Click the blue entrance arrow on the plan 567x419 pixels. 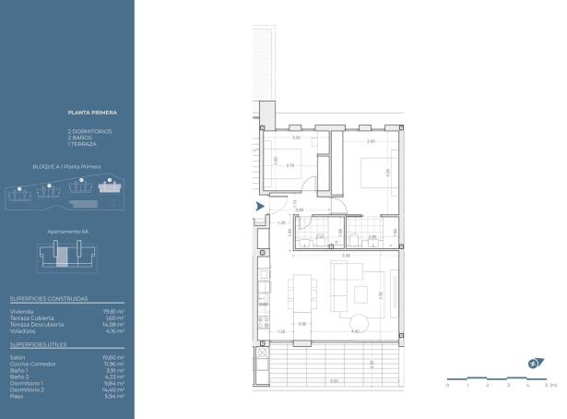point(260,206)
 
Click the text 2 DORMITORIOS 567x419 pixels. point(89,131)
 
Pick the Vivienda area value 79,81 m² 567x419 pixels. point(114,311)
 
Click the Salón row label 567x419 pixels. point(18,356)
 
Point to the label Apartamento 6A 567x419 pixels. point(67,232)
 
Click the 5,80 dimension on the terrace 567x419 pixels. point(335,381)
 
